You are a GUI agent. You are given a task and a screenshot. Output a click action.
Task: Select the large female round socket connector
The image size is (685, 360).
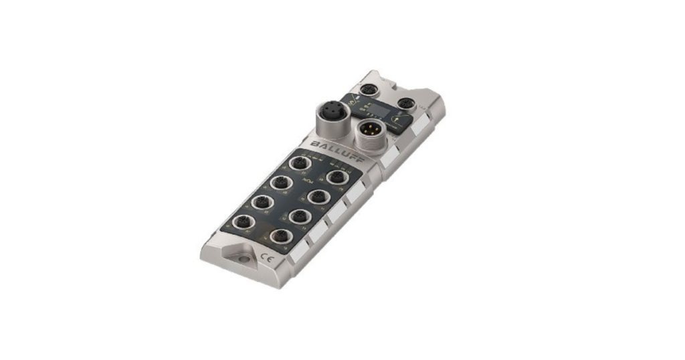coord(330,112)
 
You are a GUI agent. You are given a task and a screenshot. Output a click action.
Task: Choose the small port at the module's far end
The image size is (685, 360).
coord(367,90)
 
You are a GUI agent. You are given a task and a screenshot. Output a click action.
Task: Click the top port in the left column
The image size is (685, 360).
coord(299,164)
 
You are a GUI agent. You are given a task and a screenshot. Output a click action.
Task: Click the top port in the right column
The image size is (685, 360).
coord(335,177)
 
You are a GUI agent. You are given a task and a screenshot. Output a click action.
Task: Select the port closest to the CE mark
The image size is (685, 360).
coord(281,236)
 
